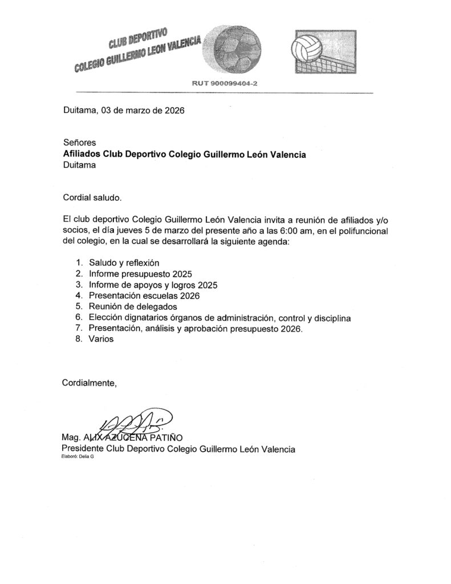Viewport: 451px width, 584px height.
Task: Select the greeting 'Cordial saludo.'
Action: click(x=92, y=197)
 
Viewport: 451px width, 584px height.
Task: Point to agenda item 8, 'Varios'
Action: click(x=101, y=339)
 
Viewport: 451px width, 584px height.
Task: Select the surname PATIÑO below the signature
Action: click(x=165, y=437)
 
